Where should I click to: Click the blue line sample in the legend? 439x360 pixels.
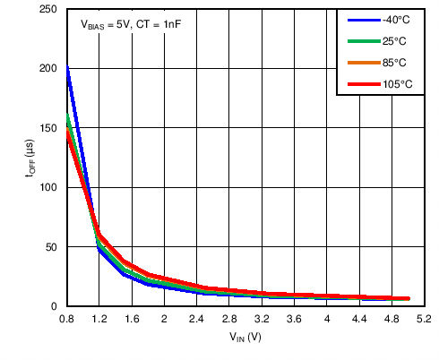[x=360, y=20]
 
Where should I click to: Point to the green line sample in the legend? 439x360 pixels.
[x=360, y=41]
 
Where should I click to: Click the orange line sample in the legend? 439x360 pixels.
[x=360, y=63]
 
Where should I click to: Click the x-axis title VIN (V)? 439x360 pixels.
[x=245, y=338]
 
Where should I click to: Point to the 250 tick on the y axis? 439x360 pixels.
[x=50, y=9]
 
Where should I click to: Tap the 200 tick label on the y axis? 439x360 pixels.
[x=50, y=68]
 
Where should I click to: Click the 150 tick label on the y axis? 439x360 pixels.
[x=50, y=128]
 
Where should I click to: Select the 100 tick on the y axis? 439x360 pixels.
[x=50, y=187]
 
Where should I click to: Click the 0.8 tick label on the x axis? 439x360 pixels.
[x=66, y=319]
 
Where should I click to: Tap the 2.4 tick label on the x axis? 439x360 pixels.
[x=196, y=319]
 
